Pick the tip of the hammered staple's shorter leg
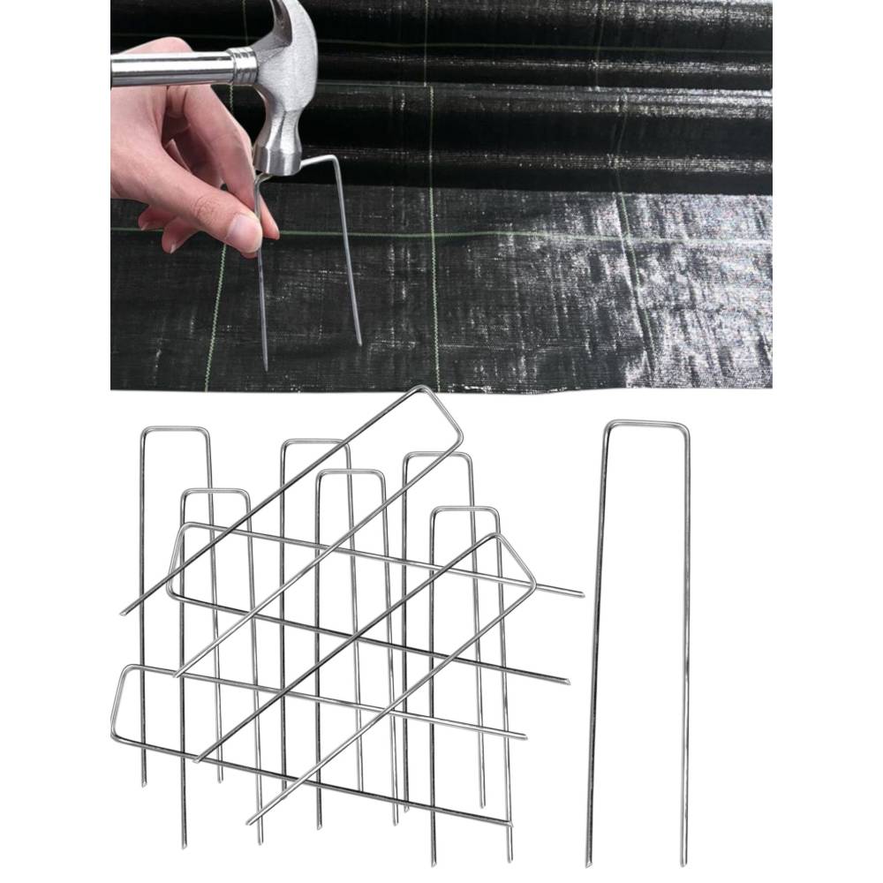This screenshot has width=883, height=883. pos(359,343)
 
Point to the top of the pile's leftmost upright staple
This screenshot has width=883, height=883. pos(175,430)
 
